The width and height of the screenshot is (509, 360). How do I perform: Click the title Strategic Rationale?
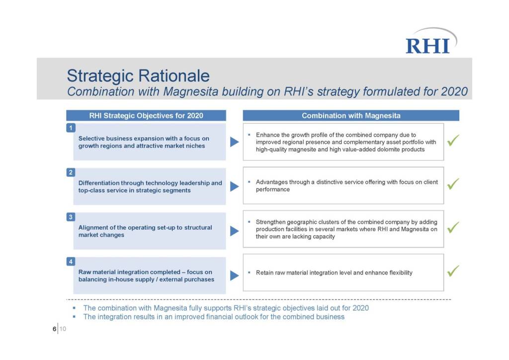tap(138, 76)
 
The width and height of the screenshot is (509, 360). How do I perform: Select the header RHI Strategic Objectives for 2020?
tap(146, 115)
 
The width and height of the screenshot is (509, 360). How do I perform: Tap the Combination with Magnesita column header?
tap(351, 115)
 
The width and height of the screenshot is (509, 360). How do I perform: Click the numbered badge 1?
tap(71, 128)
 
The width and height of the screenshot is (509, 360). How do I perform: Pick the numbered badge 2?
tap(71, 172)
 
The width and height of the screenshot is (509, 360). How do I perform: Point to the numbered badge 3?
tap(71, 216)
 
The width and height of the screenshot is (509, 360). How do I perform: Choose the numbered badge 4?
tap(71, 262)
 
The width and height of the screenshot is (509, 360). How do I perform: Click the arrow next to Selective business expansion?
tap(235, 142)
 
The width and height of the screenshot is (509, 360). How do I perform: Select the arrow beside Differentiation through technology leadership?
tap(235, 186)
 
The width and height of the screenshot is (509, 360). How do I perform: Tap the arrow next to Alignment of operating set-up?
tap(235, 231)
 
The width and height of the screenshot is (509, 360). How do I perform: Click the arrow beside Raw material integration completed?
tap(235, 275)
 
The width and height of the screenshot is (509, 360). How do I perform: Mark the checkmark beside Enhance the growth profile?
tap(453, 140)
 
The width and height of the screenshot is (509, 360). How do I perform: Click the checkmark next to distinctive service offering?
tap(453, 184)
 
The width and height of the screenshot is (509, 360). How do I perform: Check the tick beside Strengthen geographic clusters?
tap(453, 227)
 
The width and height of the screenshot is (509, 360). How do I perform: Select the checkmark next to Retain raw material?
tap(453, 271)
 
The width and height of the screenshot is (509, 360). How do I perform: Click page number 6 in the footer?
tap(54, 329)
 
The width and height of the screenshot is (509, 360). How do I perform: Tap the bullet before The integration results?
tap(75, 317)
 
